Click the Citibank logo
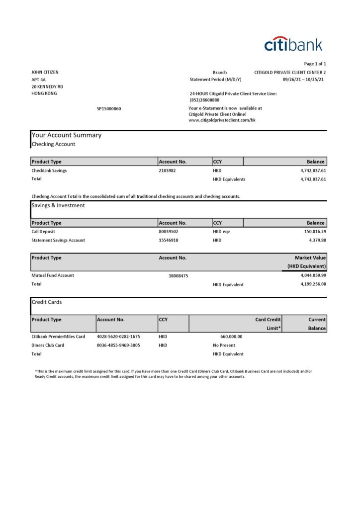pyautogui.click(x=293, y=44)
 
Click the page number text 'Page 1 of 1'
pyautogui.click(x=315, y=64)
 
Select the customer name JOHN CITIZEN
pyautogui.click(x=45, y=72)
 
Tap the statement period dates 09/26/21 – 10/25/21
pyautogui.click(x=303, y=80)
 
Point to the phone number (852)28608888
pyautogui.click(x=204, y=100)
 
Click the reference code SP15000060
pyautogui.click(x=109, y=109)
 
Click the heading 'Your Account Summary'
pyautogui.click(x=66, y=135)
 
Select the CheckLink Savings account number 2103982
pyautogui.click(x=167, y=170)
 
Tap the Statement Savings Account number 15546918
pyautogui.click(x=169, y=240)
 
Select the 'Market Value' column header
pyautogui.click(x=310, y=258)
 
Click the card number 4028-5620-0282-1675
pyautogui.click(x=118, y=337)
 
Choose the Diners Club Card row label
pyautogui.click(x=48, y=345)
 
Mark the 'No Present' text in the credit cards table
pyautogui.click(x=224, y=345)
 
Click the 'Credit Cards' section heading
pyautogui.click(x=47, y=302)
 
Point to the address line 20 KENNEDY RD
pyautogui.click(x=47, y=86)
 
